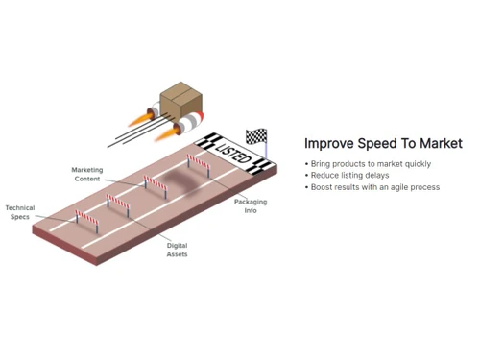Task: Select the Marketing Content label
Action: pos(88,174)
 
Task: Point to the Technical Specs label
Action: pos(20,212)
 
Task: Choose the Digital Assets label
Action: pos(177,250)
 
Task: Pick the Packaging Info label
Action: pos(251,206)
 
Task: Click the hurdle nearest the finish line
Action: pos(199,165)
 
